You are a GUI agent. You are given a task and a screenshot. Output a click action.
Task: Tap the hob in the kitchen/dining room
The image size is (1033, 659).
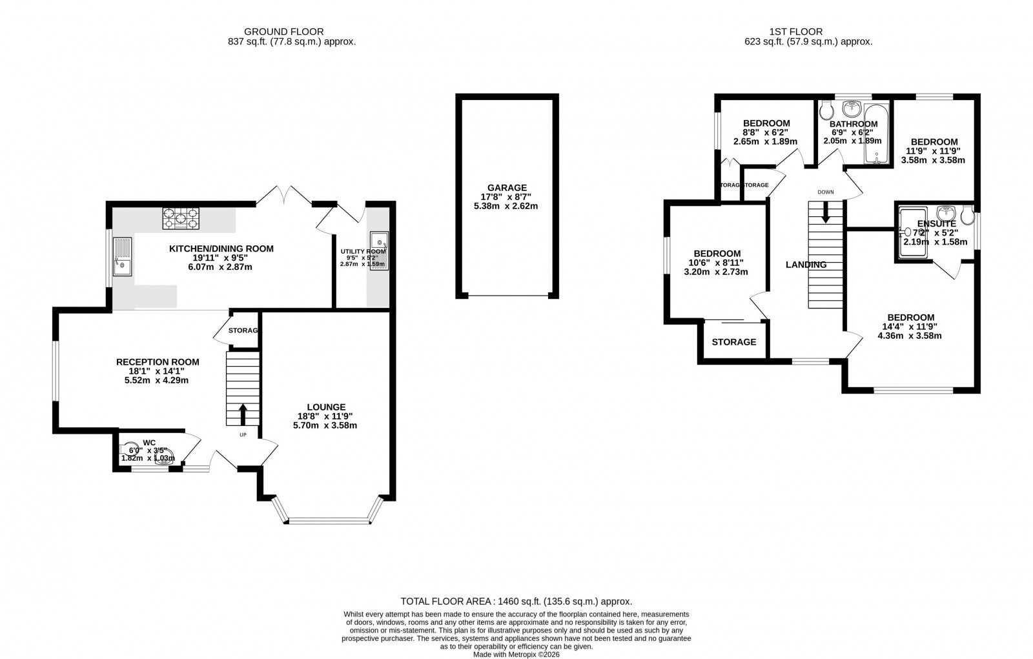coord(181,218)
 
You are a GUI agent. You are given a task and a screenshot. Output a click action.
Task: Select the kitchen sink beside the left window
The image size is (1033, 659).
coord(122,256)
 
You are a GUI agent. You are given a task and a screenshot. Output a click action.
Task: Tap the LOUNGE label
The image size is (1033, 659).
coord(326,407)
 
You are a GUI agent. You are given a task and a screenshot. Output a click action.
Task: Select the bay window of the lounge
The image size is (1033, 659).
coord(326,518)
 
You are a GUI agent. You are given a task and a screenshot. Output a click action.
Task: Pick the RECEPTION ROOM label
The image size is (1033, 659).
coord(157,362)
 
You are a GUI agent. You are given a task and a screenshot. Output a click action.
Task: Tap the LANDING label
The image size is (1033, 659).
coord(806,265)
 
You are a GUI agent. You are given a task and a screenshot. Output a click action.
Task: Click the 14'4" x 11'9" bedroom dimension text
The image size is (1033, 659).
coord(910,327)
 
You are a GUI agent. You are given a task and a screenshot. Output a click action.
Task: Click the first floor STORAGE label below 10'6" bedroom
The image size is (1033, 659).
coord(733,342)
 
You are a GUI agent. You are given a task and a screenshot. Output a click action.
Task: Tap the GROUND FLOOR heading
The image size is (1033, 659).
coord(283,31)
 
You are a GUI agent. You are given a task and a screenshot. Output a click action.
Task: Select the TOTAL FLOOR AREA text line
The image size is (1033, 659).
coord(516,600)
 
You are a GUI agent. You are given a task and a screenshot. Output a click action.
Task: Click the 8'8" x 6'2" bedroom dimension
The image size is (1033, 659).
coord(766,132)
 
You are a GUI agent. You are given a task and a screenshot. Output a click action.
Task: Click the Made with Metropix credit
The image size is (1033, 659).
coord(516,654)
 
